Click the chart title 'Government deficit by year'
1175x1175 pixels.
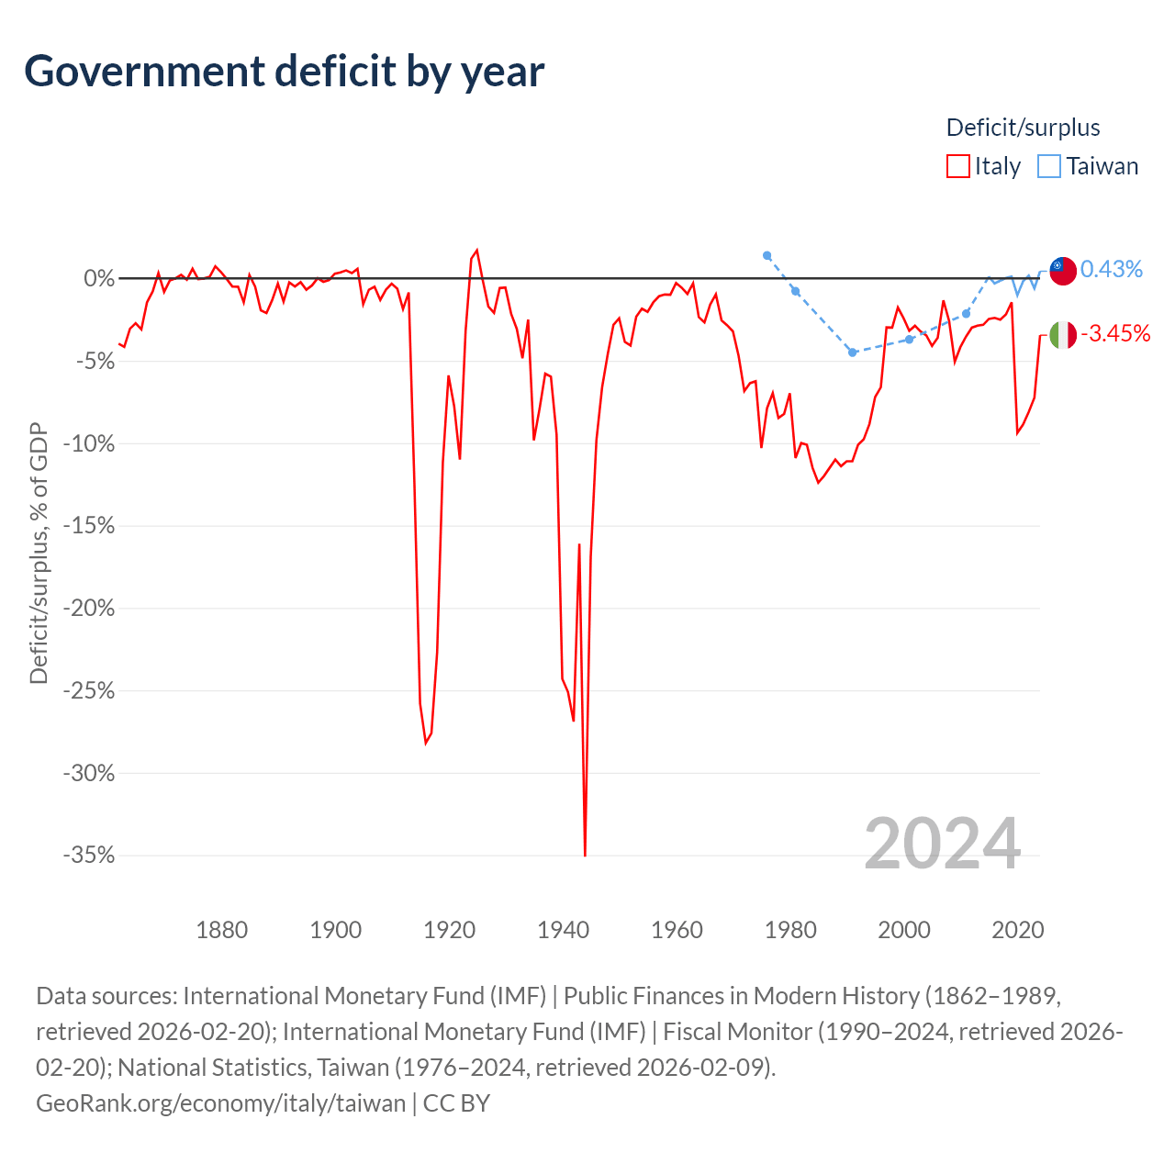coord(284,72)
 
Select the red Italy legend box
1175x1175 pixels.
coord(957,166)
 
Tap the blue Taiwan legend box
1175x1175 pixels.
coord(1049,166)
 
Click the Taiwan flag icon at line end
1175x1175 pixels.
coord(1062,271)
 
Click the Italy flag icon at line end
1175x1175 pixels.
coord(1062,335)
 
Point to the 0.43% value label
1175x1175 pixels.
coord(1111,269)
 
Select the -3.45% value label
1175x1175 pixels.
coord(1115,333)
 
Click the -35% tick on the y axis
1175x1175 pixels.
coord(89,855)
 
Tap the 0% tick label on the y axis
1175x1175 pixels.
coord(99,279)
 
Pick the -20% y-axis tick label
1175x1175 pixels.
coord(89,608)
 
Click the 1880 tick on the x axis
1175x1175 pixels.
coord(222,930)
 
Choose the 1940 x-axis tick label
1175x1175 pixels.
coord(563,930)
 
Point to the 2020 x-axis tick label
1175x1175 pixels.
coord(1018,930)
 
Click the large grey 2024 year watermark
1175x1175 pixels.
coord(942,844)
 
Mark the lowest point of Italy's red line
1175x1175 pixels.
coord(585,856)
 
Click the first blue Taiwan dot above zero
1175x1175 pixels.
coord(767,255)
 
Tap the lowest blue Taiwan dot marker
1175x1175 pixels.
coord(853,352)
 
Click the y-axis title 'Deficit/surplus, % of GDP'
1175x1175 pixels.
coord(39,553)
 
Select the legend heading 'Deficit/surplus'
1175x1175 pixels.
coord(1023,128)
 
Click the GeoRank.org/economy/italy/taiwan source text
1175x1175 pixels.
coord(220,1103)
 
